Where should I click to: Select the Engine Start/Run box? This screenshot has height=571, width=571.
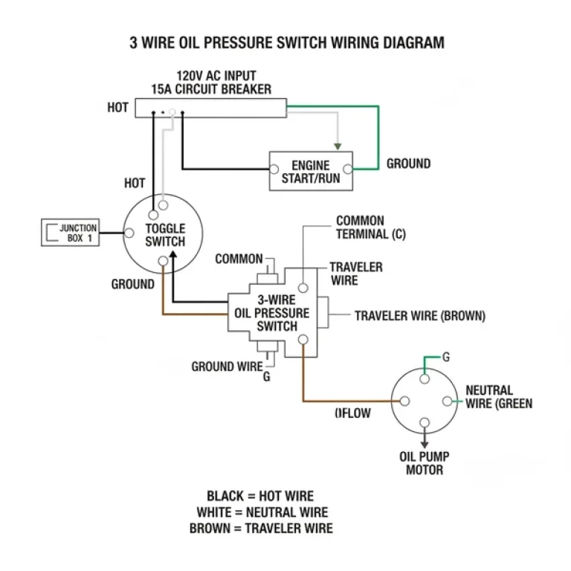click(310, 171)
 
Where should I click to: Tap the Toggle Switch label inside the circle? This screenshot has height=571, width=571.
click(165, 235)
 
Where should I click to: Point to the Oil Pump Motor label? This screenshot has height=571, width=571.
click(425, 462)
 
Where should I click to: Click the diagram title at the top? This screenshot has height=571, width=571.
click(286, 42)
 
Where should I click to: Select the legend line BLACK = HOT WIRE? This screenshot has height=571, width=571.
click(259, 496)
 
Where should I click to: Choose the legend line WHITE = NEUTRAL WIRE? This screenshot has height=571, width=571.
click(262, 512)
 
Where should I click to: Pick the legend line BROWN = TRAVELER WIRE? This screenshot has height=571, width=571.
click(261, 529)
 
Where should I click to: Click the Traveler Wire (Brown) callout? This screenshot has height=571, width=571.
click(419, 316)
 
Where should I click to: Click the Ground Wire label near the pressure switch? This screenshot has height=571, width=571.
click(227, 367)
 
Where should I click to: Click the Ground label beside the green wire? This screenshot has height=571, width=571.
click(408, 164)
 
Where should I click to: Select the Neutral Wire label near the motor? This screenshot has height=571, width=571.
click(497, 397)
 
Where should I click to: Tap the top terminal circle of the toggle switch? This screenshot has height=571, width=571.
click(163, 215)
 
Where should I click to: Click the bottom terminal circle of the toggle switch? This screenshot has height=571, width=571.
click(164, 261)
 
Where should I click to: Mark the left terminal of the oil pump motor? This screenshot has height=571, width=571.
click(404, 401)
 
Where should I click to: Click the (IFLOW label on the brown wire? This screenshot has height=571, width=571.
click(352, 413)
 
